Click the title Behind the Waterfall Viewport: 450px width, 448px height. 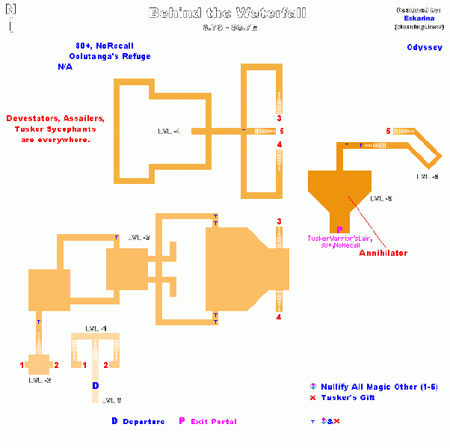[226, 13]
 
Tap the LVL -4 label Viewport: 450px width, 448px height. [169, 132]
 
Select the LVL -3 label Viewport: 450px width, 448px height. [139, 237]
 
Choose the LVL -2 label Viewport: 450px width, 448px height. [40, 380]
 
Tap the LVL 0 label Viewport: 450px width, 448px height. [112, 400]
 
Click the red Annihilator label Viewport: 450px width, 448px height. [383, 253]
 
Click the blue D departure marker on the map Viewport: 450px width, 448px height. [95, 386]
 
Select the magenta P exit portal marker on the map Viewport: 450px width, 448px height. [339, 230]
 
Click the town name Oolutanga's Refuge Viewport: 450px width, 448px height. [110, 56]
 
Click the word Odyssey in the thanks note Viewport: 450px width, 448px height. [424, 47]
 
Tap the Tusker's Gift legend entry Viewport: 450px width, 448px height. [348, 397]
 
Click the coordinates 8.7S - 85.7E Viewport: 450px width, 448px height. [226, 28]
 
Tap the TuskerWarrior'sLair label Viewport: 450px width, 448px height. [340, 238]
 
